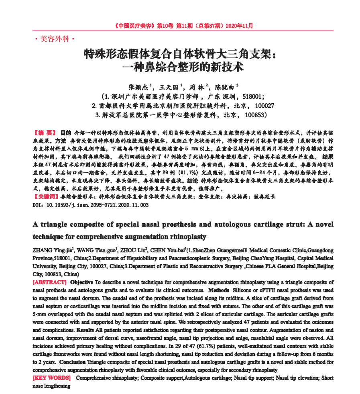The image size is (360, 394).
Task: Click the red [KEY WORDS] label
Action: click(x=51, y=378)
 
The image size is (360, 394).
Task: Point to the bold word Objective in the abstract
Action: click(x=82, y=282)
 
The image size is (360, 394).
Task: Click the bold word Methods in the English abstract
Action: click(x=219, y=290)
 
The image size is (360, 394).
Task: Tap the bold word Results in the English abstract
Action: click(x=85, y=330)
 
